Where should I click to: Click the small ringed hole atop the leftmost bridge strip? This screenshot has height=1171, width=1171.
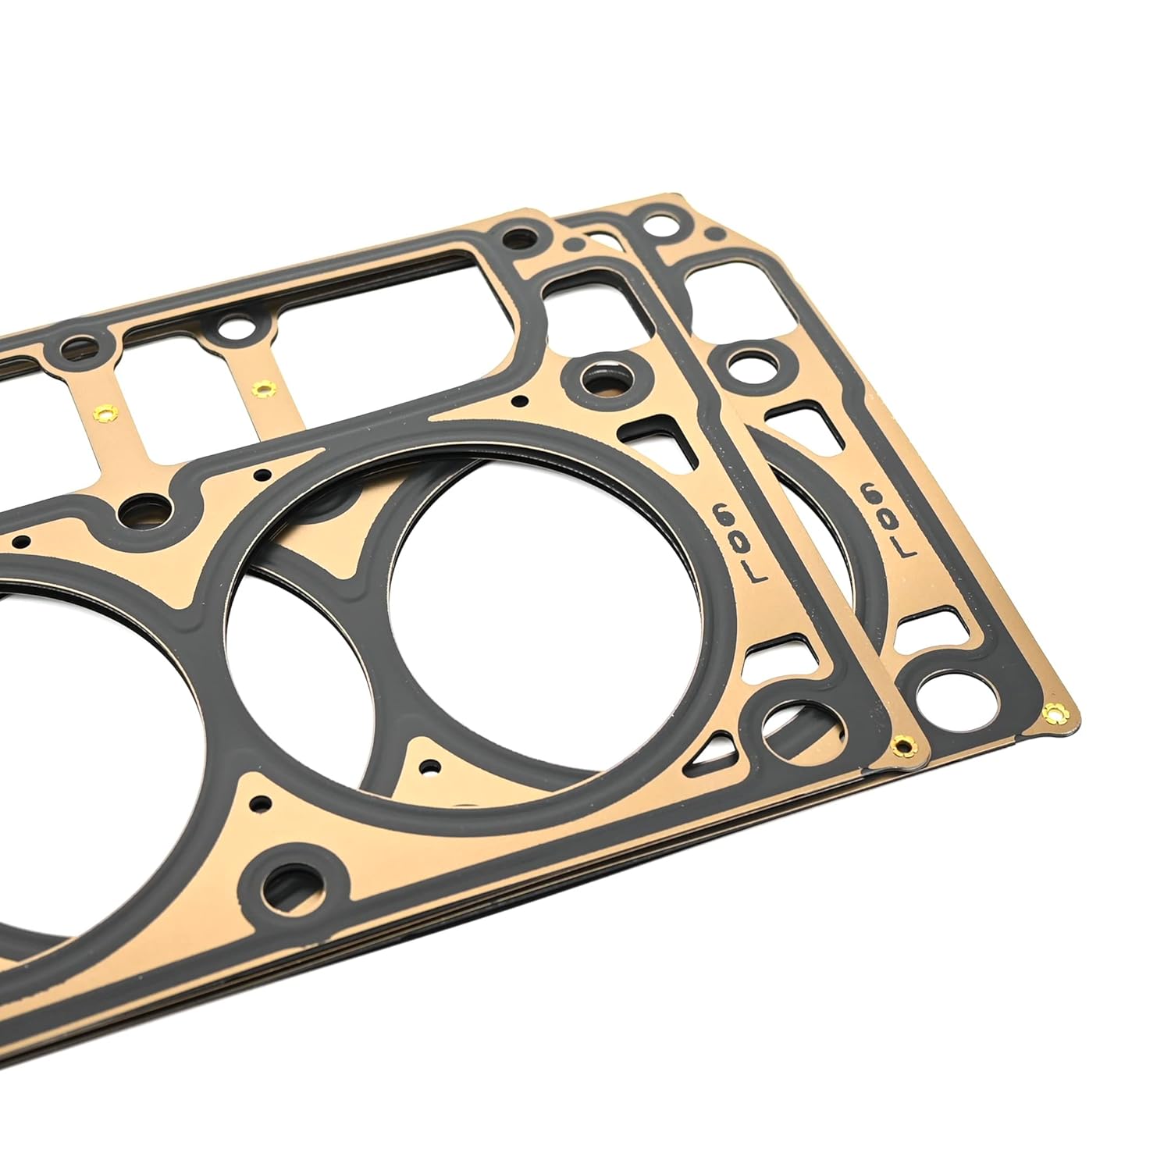(x=78, y=343)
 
